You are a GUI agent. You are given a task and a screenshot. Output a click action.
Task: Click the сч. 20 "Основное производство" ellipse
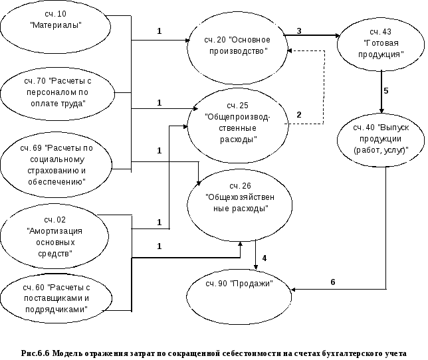(x=237, y=47)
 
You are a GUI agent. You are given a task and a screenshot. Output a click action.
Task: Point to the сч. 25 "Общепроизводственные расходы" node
(x=237, y=122)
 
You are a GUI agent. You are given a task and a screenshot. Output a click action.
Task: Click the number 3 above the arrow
(x=299, y=31)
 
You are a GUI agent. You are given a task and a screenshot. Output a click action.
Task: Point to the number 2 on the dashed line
(x=299, y=114)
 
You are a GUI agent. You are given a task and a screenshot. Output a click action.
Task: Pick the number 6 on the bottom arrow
(x=332, y=282)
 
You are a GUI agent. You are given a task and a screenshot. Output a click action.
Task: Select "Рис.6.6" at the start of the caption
(x=35, y=353)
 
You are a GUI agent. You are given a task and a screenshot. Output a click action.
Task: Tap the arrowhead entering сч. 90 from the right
(x=297, y=290)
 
